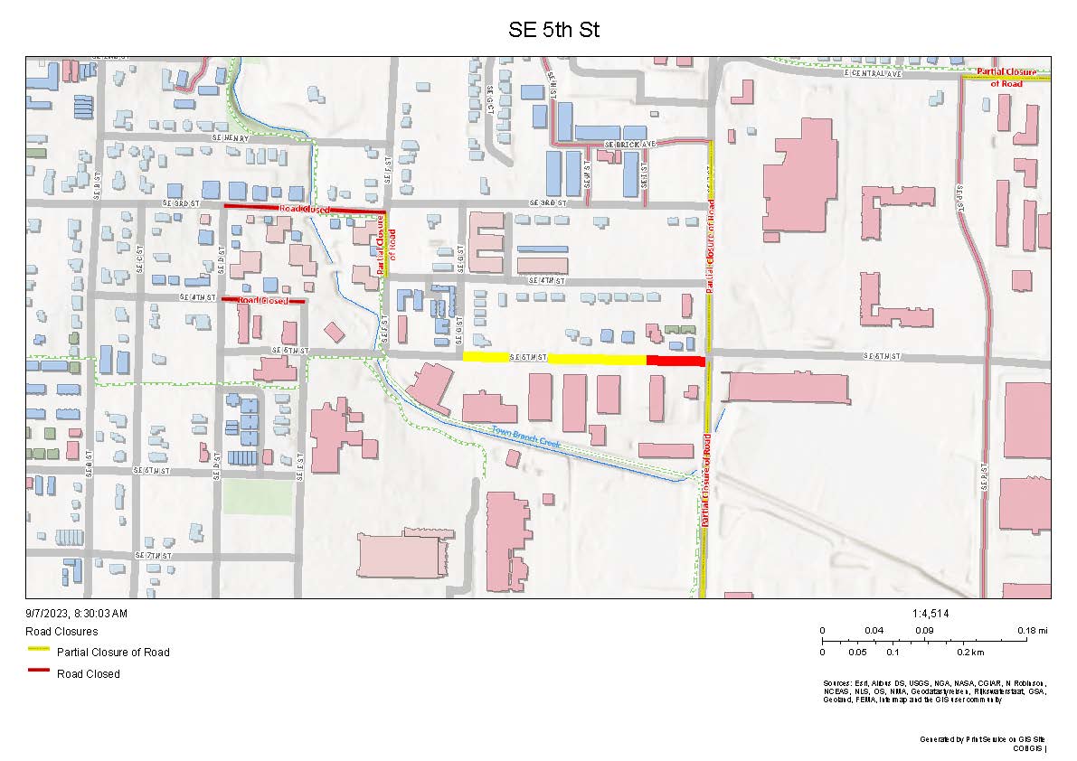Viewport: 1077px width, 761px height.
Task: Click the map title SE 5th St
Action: point(554,30)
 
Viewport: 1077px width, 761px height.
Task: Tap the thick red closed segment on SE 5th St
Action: point(675,361)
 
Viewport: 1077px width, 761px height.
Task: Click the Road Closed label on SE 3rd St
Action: point(304,209)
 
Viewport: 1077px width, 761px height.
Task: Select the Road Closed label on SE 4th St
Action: point(263,299)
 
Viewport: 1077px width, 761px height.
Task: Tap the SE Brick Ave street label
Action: point(629,145)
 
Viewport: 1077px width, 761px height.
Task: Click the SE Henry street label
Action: point(230,137)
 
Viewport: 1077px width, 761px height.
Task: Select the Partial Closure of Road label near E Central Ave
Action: point(1006,77)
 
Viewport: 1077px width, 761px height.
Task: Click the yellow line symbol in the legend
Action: point(38,650)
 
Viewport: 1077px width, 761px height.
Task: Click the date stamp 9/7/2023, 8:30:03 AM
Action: point(77,613)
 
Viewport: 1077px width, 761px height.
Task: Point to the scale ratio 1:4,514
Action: point(931,614)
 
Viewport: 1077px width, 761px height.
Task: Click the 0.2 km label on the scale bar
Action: point(972,652)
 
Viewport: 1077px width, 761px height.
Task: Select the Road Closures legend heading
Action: point(61,631)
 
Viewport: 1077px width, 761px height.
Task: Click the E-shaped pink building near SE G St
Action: point(487,242)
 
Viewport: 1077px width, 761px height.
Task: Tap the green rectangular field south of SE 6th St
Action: point(258,497)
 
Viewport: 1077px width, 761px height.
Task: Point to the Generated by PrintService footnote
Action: point(983,739)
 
